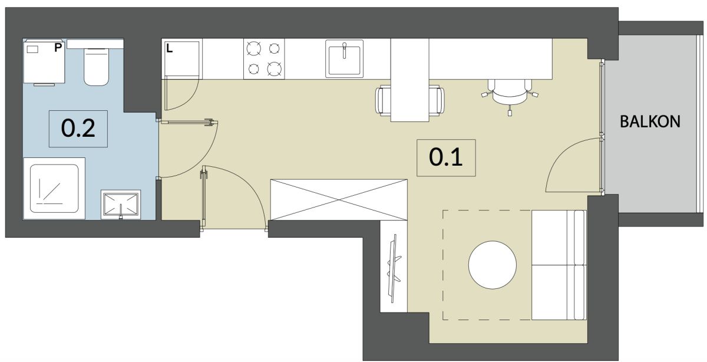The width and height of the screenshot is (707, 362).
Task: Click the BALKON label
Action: click(650, 121)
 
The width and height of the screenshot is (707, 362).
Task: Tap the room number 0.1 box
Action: click(446, 157)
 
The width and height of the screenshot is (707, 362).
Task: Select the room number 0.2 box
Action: click(78, 129)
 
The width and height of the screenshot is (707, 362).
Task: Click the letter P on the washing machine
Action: click(58, 48)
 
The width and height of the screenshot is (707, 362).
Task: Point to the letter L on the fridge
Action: click(170, 49)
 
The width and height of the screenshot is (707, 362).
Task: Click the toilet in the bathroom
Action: click(96, 67)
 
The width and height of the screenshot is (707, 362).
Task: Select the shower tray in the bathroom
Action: click(54, 188)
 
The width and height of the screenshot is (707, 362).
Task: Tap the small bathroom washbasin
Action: click(121, 205)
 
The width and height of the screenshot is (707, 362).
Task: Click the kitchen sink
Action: click(344, 58)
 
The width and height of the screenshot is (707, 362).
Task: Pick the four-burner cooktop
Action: click(264, 59)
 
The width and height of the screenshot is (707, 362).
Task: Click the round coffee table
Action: click(493, 265)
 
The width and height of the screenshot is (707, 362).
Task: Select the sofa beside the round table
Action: click(559, 265)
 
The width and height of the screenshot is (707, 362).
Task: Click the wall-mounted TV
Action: click(394, 268)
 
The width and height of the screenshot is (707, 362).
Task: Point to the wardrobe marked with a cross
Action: click(339, 200)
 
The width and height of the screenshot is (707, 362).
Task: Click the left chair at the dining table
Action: click(383, 99)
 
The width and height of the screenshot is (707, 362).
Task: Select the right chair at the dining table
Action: click(437, 99)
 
